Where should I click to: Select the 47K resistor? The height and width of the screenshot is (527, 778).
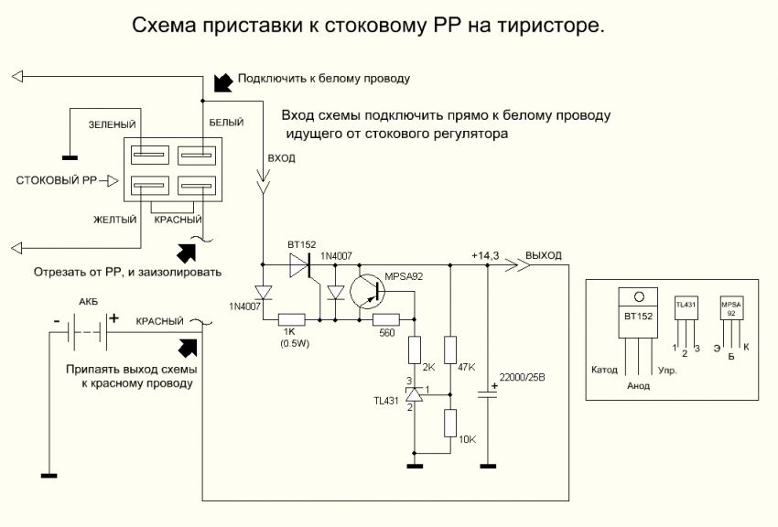(449, 350)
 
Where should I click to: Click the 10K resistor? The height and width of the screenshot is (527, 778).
(449, 425)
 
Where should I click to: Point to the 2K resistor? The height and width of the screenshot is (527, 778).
(414, 350)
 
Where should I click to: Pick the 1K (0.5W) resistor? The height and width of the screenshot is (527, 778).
(295, 319)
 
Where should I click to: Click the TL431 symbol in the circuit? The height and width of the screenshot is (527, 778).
(414, 393)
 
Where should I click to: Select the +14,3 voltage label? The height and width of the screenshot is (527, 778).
(484, 255)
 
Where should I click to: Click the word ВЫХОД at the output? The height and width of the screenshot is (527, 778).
(544, 255)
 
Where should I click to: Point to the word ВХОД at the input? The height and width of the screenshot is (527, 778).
(280, 158)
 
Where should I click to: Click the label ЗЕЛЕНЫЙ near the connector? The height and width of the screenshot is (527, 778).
(112, 124)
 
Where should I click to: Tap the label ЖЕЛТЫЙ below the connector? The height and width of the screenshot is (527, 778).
(113, 220)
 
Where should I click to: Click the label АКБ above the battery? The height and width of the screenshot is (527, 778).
(89, 300)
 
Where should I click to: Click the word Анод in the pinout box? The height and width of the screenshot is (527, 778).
(638, 385)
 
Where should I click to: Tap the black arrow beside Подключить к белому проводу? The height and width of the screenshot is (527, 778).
(221, 82)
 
